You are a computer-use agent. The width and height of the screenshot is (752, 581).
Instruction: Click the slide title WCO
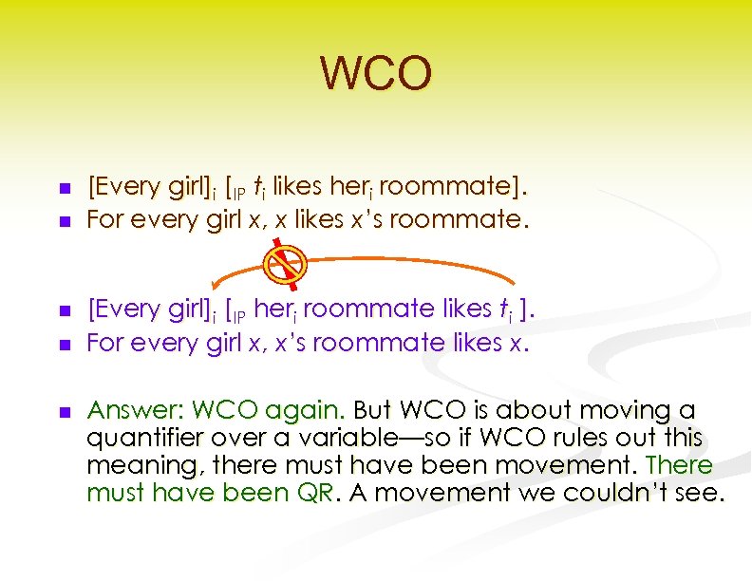pos(376,74)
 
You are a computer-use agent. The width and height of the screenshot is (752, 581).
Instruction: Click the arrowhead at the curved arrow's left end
pos(215,290)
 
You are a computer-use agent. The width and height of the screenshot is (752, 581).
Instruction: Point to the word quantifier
pos(141,438)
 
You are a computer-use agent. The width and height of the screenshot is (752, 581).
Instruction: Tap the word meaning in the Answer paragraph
pos(137,465)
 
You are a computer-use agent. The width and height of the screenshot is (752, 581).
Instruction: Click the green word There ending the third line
pos(678,465)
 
